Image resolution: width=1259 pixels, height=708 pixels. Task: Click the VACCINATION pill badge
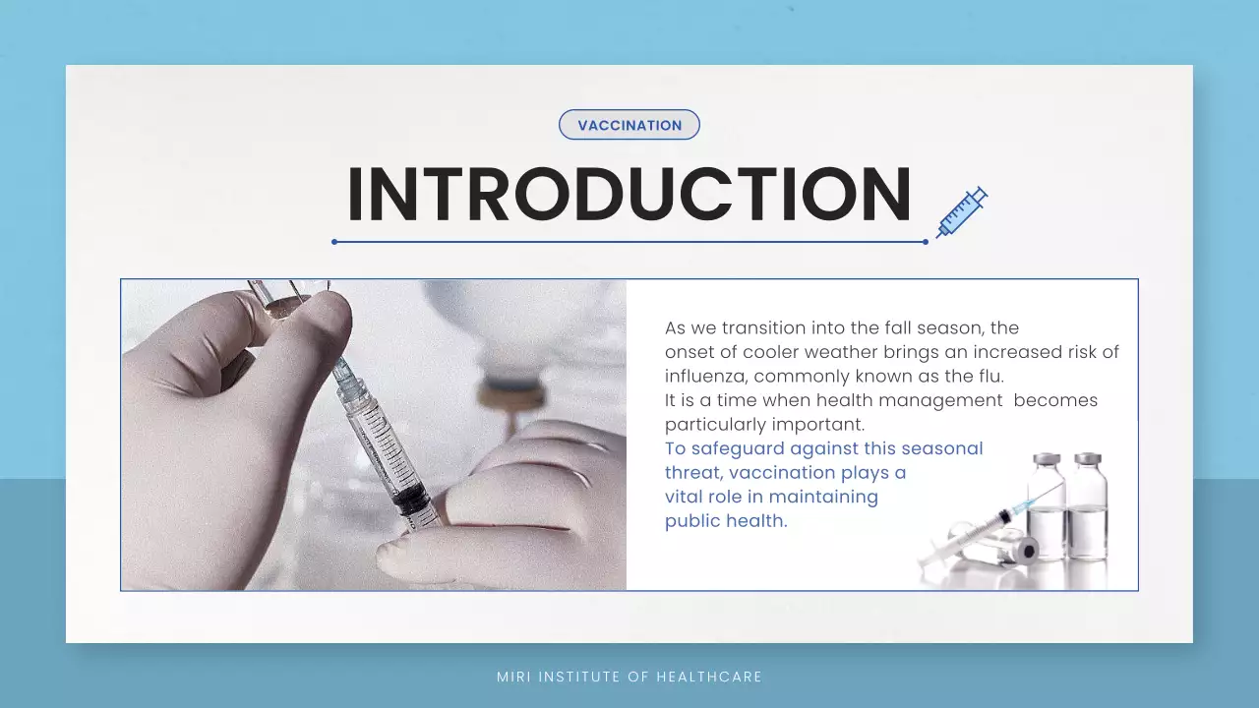[x=629, y=125]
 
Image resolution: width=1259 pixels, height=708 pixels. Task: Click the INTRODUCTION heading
[x=629, y=195]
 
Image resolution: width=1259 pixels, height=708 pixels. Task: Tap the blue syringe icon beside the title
[x=961, y=212]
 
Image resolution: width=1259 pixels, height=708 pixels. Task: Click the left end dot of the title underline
[x=334, y=241]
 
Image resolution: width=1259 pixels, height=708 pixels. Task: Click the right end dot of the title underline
[x=926, y=241]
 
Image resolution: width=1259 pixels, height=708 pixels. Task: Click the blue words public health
[x=726, y=521]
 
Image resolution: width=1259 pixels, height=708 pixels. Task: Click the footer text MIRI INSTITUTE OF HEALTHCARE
[x=629, y=677]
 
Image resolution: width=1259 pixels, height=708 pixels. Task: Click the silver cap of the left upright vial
[x=1047, y=460]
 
